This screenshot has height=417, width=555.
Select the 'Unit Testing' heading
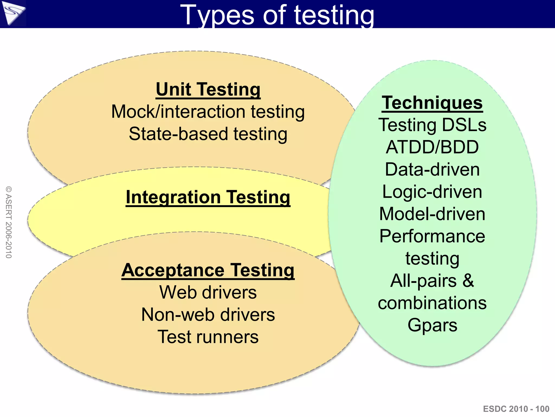coord(208,89)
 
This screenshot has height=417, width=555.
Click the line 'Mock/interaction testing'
coord(208,112)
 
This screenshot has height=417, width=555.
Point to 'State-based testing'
coord(208,134)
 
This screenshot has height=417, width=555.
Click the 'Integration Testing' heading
coord(208,197)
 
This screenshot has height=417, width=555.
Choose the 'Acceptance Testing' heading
coord(208,270)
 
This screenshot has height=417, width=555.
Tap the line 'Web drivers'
coord(208,292)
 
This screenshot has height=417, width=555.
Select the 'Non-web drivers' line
coord(208,315)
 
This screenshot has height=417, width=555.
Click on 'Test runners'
coord(208,337)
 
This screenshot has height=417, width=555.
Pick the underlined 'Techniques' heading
coord(432,103)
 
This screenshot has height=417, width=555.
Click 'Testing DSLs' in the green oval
coord(432,125)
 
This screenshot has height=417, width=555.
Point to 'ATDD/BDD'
coord(432,147)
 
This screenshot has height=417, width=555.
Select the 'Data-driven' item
coord(432,169)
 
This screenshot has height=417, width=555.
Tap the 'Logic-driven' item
coord(432,192)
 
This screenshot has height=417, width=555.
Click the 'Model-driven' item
coord(432,214)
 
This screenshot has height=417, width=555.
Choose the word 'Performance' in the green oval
coord(432,236)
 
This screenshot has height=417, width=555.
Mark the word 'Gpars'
coord(432,325)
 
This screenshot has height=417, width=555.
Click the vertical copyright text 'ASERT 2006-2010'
coord(9,222)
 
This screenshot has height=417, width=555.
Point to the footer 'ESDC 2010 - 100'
coord(516,409)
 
